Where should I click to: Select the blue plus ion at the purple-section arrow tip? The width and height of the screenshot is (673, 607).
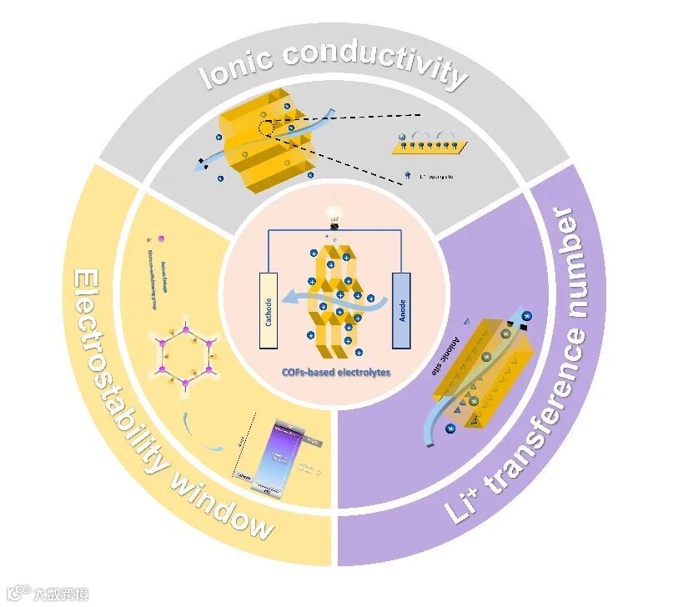coord(527,316)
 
